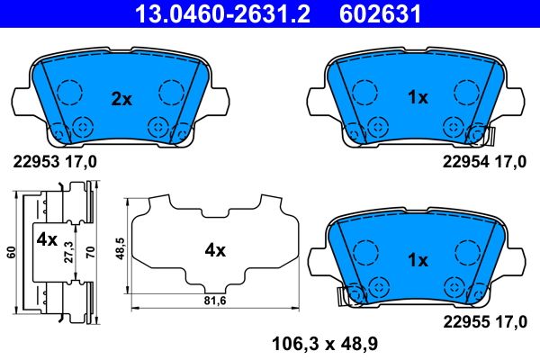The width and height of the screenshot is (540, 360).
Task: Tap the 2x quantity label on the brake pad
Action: coord(121,99)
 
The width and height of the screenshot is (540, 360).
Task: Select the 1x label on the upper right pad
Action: coord(417,99)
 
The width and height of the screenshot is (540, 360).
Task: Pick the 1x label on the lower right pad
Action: coord(417,261)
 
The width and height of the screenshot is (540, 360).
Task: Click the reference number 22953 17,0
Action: coord(53,162)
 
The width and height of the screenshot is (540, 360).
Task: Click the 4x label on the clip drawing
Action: coord(47,241)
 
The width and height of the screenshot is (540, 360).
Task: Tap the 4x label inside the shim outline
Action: coord(214,251)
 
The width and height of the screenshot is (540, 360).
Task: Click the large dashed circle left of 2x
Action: coord(67,92)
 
